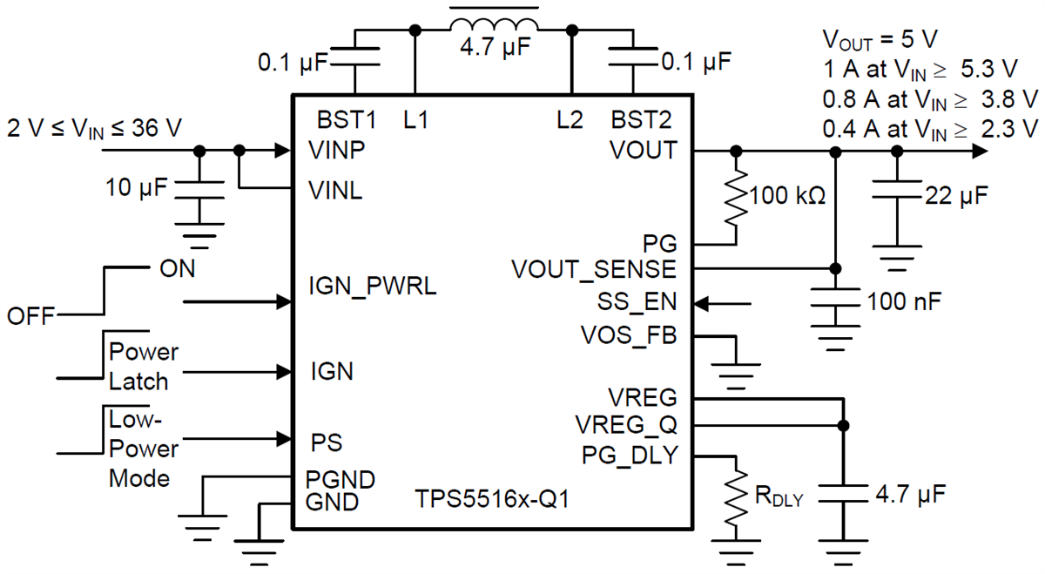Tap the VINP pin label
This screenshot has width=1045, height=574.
[334, 150]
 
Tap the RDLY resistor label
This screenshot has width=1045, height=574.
[779, 497]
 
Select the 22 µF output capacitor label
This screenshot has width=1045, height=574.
[955, 197]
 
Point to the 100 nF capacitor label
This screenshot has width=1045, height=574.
[905, 302]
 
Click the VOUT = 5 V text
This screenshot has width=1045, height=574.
[880, 40]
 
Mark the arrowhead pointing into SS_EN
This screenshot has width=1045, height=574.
[702, 303]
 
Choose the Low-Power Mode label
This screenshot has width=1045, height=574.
[143, 449]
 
